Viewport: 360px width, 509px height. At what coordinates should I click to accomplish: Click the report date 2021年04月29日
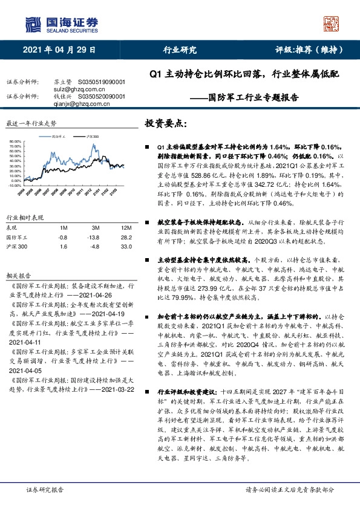click(x=59, y=50)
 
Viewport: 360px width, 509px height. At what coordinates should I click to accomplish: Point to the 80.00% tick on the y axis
click(x=16, y=142)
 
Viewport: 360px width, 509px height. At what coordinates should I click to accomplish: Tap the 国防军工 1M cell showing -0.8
click(x=63, y=238)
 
